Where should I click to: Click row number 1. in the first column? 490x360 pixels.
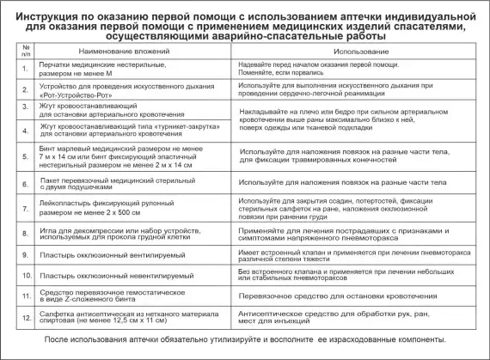point(25,68)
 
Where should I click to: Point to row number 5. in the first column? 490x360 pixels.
point(25,157)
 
